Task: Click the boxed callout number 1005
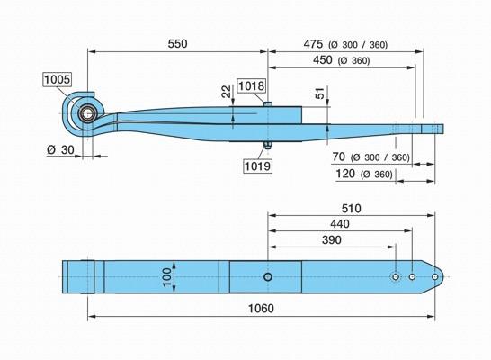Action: point(57,79)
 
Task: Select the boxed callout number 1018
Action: point(252,85)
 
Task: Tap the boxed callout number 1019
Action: point(257,166)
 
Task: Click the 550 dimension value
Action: point(177,44)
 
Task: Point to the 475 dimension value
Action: point(313,44)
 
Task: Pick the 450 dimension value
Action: point(323,59)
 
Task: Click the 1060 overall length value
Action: point(261,309)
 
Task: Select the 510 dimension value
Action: point(351,209)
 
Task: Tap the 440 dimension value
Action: point(340,224)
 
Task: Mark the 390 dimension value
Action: point(331,240)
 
